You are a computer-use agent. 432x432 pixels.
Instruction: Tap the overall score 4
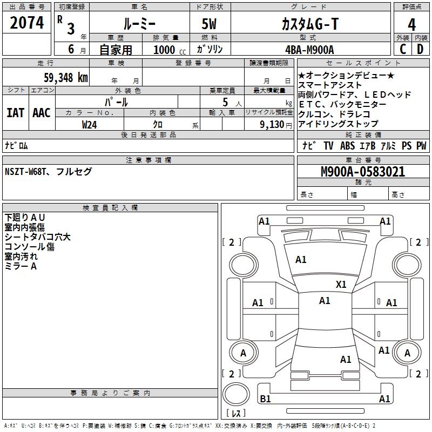pyautogui.click(x=411, y=24)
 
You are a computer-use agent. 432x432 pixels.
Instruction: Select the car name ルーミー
pyautogui.click(x=139, y=24)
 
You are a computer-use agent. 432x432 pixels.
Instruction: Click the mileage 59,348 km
pyautogui.click(x=65, y=77)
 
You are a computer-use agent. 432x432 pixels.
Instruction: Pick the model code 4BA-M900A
pyautogui.click(x=309, y=50)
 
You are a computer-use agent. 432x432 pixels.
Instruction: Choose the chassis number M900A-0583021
pyautogui.click(x=362, y=172)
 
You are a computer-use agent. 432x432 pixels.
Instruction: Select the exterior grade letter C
pyautogui.click(x=402, y=50)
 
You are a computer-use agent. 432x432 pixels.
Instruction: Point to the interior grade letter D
pyautogui.click(x=420, y=50)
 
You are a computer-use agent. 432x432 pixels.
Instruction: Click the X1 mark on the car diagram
pyautogui.click(x=341, y=284)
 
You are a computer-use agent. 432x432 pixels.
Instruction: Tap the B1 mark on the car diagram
pyautogui.click(x=265, y=399)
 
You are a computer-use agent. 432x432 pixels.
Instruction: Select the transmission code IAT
pyautogui.click(x=16, y=113)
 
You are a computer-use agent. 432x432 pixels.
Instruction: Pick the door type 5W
pyautogui.click(x=210, y=24)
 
